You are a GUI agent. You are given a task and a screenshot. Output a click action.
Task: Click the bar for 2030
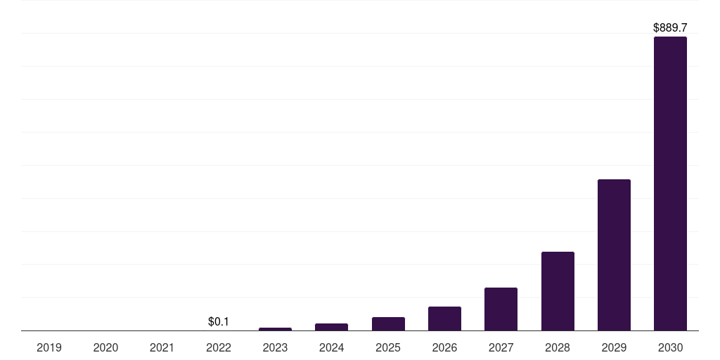[x=670, y=184]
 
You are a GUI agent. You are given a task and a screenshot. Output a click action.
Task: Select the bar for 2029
[x=614, y=255]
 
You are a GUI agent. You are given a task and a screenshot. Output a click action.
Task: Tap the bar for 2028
[x=558, y=291]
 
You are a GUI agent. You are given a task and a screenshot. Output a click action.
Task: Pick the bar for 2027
[x=501, y=309]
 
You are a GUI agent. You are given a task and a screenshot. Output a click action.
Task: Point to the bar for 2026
[x=444, y=319]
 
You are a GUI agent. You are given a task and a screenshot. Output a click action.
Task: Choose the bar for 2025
[x=388, y=323]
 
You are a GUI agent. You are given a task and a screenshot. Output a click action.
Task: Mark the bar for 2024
[x=331, y=327]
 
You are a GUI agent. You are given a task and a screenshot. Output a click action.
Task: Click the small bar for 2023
[x=275, y=329]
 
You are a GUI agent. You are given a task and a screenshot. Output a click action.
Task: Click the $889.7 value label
[x=670, y=28]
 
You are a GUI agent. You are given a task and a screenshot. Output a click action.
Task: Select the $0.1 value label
[x=219, y=321]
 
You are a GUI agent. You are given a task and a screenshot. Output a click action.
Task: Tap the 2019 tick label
[x=49, y=347]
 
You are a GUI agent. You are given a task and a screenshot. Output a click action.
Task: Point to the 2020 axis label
[x=105, y=347]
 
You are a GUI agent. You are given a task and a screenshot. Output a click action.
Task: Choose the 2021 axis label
[x=162, y=347]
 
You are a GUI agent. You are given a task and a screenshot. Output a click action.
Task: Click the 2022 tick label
[x=219, y=347]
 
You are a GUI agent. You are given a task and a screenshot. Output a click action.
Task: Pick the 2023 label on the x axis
[x=275, y=347]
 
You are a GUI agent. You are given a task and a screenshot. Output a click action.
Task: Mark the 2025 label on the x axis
[x=388, y=347]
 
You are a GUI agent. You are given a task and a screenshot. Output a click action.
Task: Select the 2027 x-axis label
[x=501, y=347]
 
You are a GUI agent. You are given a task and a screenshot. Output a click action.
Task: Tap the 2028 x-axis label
[x=558, y=347]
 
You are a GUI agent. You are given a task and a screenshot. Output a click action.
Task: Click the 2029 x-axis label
[x=614, y=347]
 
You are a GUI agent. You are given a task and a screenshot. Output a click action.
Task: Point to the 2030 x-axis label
[x=670, y=347]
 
